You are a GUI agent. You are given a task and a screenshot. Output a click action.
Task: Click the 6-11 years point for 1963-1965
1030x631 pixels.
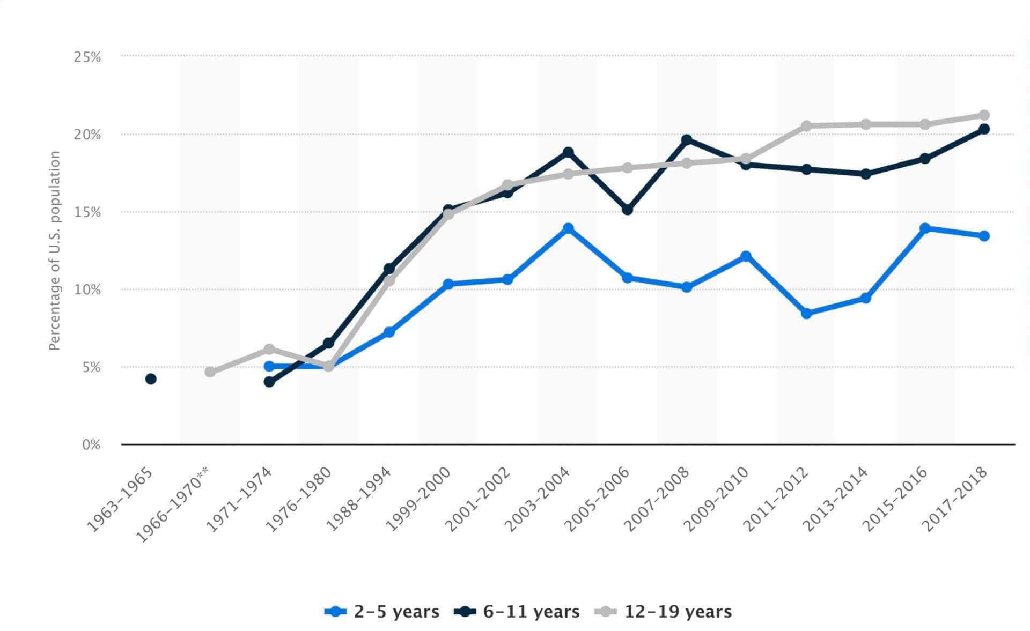point(151,379)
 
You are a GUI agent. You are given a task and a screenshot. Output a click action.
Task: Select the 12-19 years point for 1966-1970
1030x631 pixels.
point(210,372)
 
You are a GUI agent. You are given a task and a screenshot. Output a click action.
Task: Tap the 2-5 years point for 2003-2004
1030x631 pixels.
point(568,229)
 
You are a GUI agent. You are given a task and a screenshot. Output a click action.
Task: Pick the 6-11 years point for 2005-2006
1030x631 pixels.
point(627,210)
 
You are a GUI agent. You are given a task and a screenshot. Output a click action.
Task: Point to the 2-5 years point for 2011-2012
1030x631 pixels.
point(806,314)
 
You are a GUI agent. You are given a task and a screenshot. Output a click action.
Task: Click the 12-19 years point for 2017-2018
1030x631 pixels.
point(984,115)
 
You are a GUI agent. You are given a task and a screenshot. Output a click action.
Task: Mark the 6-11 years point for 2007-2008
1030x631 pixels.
point(687,140)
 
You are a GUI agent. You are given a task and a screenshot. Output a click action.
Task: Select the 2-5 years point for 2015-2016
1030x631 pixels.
point(925,228)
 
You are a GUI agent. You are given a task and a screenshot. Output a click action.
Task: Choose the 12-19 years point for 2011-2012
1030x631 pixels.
point(806,126)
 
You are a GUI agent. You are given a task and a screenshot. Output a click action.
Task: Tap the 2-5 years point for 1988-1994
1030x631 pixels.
point(389,332)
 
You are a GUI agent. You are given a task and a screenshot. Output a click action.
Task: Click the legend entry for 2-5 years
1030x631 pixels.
point(382,612)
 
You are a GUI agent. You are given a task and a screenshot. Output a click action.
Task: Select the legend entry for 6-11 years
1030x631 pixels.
point(517,612)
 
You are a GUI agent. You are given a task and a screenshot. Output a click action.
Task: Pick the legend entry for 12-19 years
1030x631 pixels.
point(664,612)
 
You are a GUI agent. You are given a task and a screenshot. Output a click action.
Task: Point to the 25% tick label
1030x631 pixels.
point(87,57)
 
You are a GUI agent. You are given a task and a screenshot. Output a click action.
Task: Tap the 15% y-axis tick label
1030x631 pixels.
point(87,212)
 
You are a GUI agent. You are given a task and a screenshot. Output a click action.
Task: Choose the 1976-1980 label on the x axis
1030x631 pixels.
point(299,498)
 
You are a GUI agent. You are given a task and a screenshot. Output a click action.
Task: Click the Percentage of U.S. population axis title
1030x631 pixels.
point(55,250)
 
